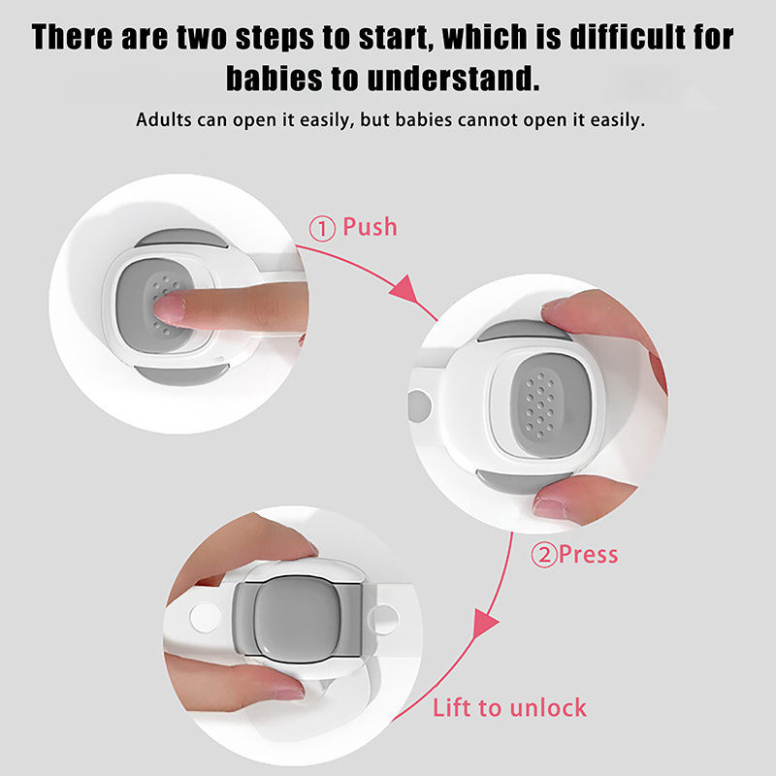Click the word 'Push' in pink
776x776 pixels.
[x=370, y=227]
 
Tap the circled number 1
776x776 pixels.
[x=322, y=229]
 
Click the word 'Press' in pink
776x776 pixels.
[x=589, y=554]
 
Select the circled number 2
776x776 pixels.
[x=544, y=555]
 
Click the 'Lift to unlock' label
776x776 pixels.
[x=510, y=708]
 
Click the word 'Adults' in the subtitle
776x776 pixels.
[x=164, y=120]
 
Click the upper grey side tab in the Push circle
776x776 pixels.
[x=181, y=238]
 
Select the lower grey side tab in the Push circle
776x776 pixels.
[x=181, y=374]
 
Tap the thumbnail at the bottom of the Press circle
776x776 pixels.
[x=547, y=508]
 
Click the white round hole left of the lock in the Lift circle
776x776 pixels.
[x=205, y=618]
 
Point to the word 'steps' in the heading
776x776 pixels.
[x=275, y=37]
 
